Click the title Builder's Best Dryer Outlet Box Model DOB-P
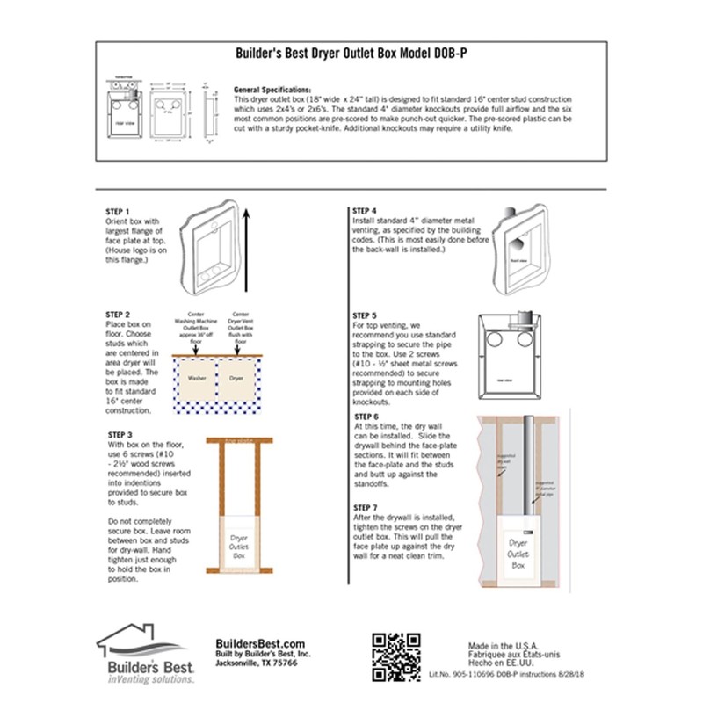351,53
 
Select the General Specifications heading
272,91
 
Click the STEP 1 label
117,212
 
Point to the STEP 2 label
118,314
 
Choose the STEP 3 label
118,434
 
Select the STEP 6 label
366,416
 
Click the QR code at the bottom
389,656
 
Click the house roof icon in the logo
142,639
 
